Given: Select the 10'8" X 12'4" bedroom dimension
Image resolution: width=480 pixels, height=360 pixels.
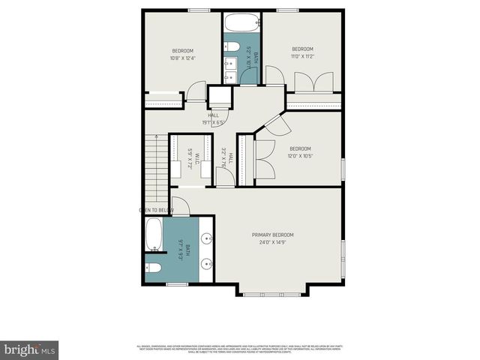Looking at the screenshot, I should [x=183, y=58].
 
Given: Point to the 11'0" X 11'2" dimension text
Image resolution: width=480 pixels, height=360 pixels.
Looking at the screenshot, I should [x=302, y=56].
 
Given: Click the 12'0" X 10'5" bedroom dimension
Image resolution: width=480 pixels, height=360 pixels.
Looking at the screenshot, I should [x=300, y=156].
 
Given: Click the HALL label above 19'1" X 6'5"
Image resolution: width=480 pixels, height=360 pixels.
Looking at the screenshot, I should [x=203, y=115].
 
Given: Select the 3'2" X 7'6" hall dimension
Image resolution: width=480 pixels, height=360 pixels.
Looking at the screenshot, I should [x=223, y=157].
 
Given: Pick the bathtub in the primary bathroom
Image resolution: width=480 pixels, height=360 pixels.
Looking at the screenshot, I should [x=154, y=235].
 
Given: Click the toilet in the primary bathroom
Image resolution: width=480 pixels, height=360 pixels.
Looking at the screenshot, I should [x=153, y=268].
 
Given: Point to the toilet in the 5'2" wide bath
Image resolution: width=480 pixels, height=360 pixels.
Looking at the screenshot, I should [x=232, y=48].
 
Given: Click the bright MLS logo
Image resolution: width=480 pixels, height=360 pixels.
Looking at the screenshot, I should [x=30, y=349].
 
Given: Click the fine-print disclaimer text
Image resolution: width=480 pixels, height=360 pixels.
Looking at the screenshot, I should [x=240, y=348].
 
